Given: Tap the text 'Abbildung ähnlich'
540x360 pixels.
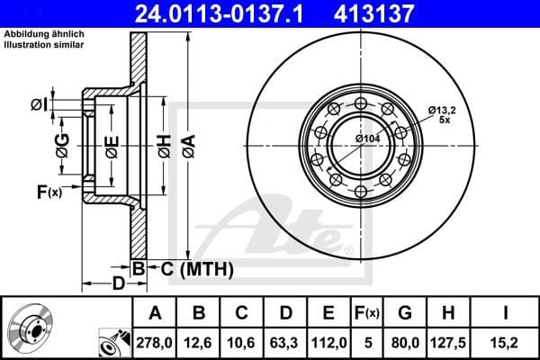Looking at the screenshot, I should point(43,33).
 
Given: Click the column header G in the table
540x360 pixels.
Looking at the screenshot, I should point(404,313).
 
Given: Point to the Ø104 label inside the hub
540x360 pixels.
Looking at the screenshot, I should point(367,139).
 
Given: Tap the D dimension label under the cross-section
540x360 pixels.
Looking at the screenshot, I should point(118,284).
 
